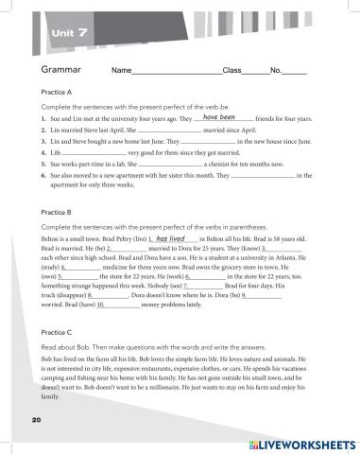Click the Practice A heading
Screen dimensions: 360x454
point(58,93)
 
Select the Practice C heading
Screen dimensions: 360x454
point(58,332)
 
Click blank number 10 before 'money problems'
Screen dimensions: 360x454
point(121,306)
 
